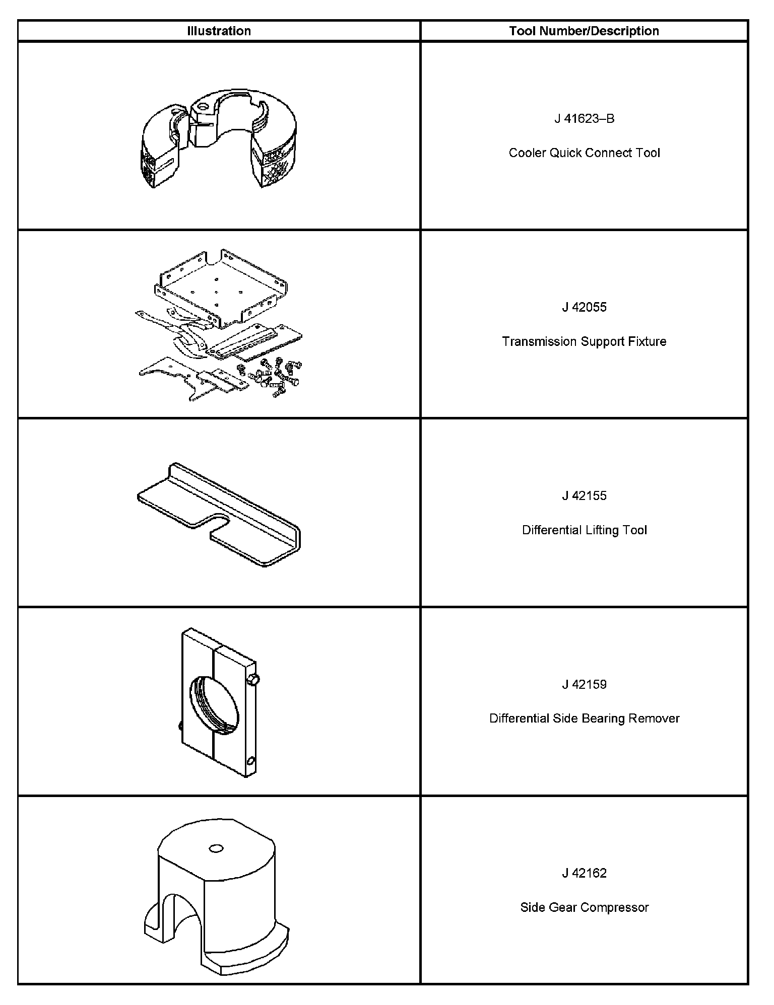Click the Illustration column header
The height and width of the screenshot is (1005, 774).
point(219,31)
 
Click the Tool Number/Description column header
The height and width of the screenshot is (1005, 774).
point(584,31)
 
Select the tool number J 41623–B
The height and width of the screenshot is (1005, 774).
point(584,119)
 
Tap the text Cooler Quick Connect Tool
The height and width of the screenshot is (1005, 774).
point(584,153)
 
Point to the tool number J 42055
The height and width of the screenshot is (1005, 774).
point(584,307)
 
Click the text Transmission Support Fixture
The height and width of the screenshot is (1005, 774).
point(584,341)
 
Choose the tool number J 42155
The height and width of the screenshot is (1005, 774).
point(584,496)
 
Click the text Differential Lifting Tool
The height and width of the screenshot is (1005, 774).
point(584,530)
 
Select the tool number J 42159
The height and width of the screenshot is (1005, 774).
point(584,685)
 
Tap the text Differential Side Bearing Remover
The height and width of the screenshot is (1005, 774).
point(584,719)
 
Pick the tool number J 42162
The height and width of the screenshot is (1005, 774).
point(584,873)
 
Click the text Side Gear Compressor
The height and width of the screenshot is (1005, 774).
point(584,907)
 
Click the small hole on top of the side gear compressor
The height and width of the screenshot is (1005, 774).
point(216,849)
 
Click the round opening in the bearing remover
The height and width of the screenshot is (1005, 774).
point(214,704)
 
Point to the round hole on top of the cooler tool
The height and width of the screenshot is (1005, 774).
point(203,106)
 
